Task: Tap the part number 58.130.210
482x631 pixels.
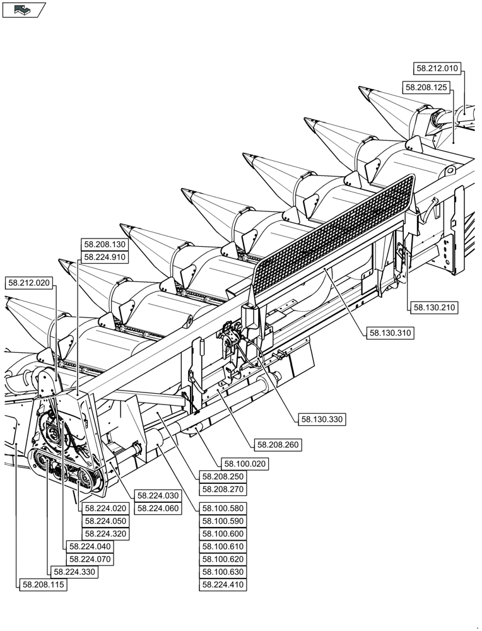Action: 434,308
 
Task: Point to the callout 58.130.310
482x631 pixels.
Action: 391,333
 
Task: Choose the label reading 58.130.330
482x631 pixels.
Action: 322,418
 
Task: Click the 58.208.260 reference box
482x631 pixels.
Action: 278,445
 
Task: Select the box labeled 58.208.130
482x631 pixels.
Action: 104,244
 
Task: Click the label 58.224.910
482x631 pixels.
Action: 104,257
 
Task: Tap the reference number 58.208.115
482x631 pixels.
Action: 44,585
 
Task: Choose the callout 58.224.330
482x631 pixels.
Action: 74,572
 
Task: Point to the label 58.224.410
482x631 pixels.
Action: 223,585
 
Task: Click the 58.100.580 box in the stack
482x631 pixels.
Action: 223,508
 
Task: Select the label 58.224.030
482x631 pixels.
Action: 158,495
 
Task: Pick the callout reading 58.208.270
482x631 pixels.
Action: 223,489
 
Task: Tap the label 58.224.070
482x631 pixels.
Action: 90,559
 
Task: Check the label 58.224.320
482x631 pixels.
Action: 105,534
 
